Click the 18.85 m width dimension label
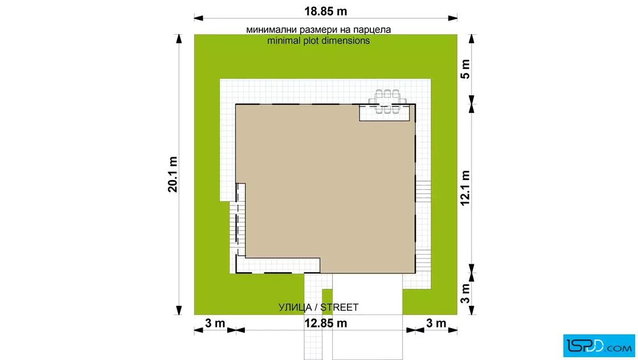325,11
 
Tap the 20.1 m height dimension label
173,174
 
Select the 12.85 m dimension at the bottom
325,324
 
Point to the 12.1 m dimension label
465,188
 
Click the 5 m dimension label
465,69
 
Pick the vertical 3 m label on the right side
465,294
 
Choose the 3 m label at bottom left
215,324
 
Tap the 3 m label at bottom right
436,324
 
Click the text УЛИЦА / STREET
318,308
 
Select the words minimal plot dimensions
318,40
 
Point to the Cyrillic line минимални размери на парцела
318,30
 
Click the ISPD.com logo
599,346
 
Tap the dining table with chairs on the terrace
387,101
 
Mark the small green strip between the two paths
327,301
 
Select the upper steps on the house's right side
423,191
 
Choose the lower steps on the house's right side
423,261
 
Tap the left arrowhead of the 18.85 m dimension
199,18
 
